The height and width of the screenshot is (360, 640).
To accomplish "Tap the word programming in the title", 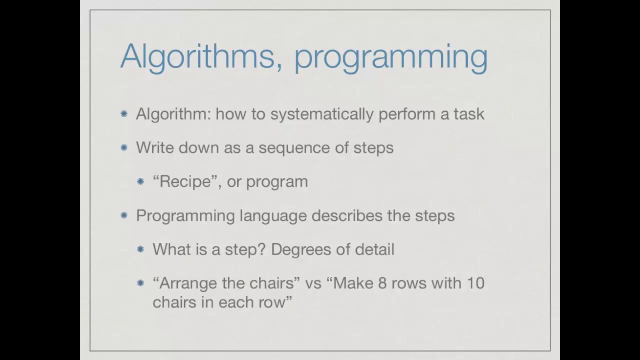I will tap(390, 57).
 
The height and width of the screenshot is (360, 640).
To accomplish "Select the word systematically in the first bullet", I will tap(322, 114).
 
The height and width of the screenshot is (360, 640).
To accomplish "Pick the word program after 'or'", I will tap(276, 182).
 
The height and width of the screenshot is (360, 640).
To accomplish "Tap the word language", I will tap(272, 216).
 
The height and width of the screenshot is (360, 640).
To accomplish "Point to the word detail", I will tap(374, 249).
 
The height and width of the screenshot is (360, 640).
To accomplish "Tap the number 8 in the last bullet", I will tap(382, 283).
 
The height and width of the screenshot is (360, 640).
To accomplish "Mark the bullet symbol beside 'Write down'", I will tap(124, 147).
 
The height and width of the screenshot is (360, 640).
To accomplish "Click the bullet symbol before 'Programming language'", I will tap(124, 215).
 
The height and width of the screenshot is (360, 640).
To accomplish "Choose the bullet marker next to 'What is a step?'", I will tap(140, 249).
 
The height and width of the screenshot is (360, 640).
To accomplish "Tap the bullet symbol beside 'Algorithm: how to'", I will tap(124, 114).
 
